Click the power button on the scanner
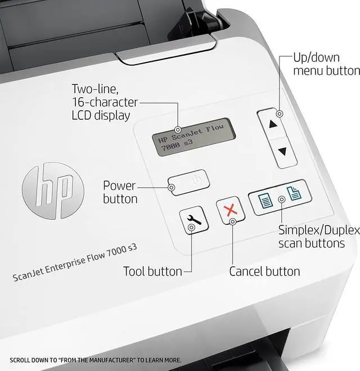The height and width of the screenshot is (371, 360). coord(190,183)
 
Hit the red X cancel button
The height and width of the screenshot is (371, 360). coord(230,211)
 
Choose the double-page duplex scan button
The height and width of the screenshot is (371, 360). coord(293,194)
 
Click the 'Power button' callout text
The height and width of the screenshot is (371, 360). coord(119,192)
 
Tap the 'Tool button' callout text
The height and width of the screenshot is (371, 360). coord(152,272)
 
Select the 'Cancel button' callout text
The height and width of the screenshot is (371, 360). coord(264,272)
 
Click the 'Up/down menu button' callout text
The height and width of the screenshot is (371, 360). coord(326,64)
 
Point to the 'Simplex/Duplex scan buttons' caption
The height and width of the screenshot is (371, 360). coord(319,237)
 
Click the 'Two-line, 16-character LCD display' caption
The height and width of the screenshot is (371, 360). coord(105,102)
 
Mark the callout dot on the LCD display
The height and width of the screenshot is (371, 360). coord(178,130)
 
